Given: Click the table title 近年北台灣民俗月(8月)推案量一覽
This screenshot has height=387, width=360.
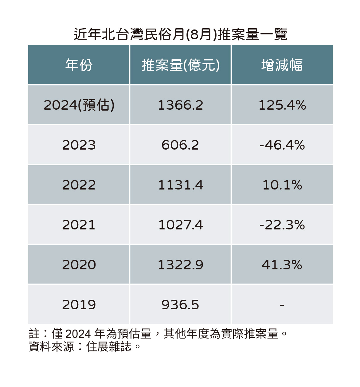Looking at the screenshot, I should (180, 34).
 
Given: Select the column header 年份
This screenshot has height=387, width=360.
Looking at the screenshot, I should (79, 65).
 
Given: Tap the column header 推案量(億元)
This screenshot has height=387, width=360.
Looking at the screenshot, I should (180, 65).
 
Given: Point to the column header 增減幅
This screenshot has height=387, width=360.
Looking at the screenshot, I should (282, 65).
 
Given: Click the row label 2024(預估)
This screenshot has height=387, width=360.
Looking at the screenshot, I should (79, 105).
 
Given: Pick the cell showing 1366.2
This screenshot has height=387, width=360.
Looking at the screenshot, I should (180, 105).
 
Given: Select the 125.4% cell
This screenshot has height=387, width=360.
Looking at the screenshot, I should (282, 105).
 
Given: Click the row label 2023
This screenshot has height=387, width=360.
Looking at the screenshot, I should (79, 145).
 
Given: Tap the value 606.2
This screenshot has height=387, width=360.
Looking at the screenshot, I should (180, 145).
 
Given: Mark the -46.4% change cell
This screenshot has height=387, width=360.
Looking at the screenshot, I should (282, 145).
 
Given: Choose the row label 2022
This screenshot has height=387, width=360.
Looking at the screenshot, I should (79, 185).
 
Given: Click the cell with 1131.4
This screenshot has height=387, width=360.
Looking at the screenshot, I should (180, 185).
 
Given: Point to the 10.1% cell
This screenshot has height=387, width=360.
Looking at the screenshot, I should (282, 185).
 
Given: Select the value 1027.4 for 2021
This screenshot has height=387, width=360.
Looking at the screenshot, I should (180, 225).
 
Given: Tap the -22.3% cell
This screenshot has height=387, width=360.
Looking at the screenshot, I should (282, 225).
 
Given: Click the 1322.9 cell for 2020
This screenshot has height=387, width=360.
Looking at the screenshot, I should (180, 265).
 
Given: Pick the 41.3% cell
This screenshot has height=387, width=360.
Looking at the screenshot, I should (282, 265).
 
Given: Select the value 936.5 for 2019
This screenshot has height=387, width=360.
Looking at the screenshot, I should (180, 305).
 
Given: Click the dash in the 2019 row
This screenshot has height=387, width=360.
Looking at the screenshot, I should (282, 305).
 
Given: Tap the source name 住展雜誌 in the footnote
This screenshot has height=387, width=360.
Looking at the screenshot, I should (109, 347).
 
